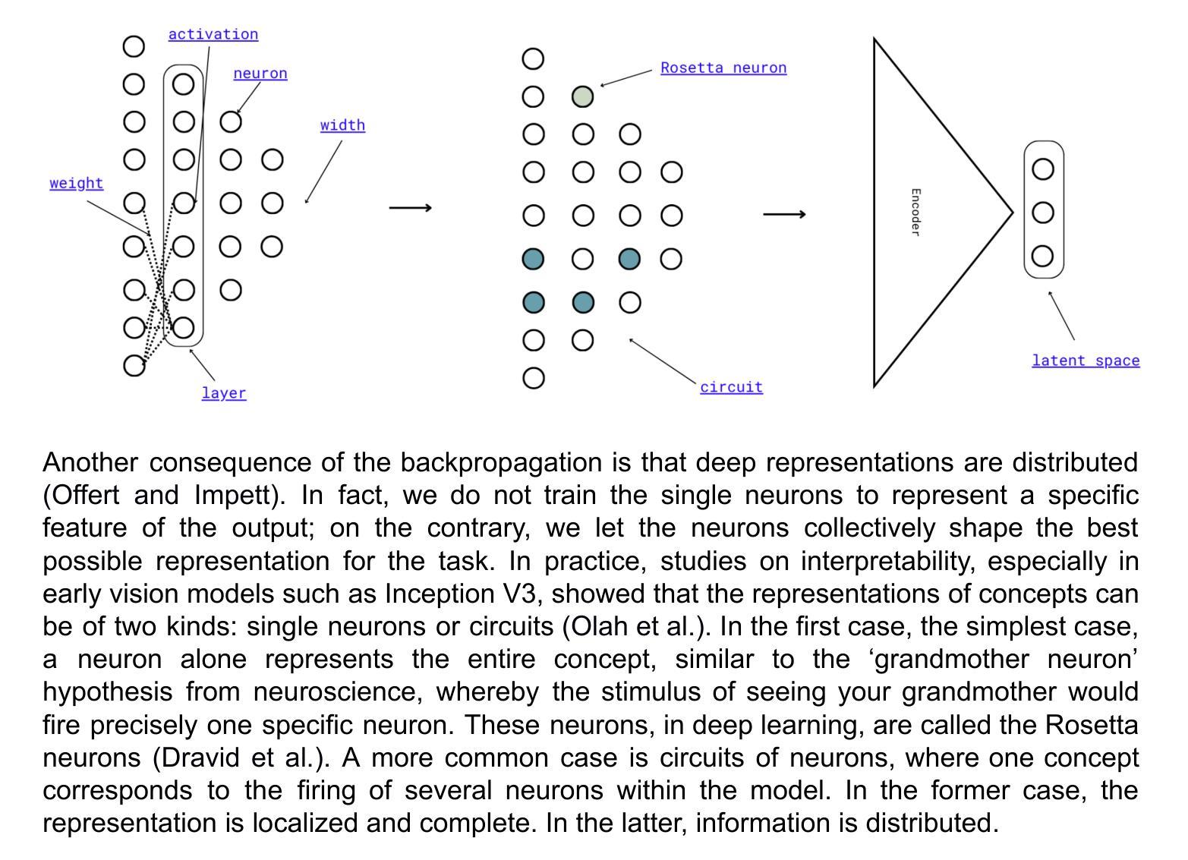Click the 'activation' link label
[x=213, y=34]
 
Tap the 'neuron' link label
[x=260, y=74]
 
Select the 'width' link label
[x=342, y=125]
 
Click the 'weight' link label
[x=76, y=183]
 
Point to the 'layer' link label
[x=224, y=393]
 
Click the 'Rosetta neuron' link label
[x=723, y=68]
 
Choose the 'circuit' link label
[x=731, y=387]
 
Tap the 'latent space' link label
[x=1086, y=361]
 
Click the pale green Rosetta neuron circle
[x=582, y=97]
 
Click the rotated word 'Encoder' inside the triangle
[x=915, y=213]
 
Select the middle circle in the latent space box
[x=1044, y=213]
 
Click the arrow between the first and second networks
[x=410, y=207]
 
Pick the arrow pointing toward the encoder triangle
[x=783, y=215]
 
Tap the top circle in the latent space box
[x=1044, y=169]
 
